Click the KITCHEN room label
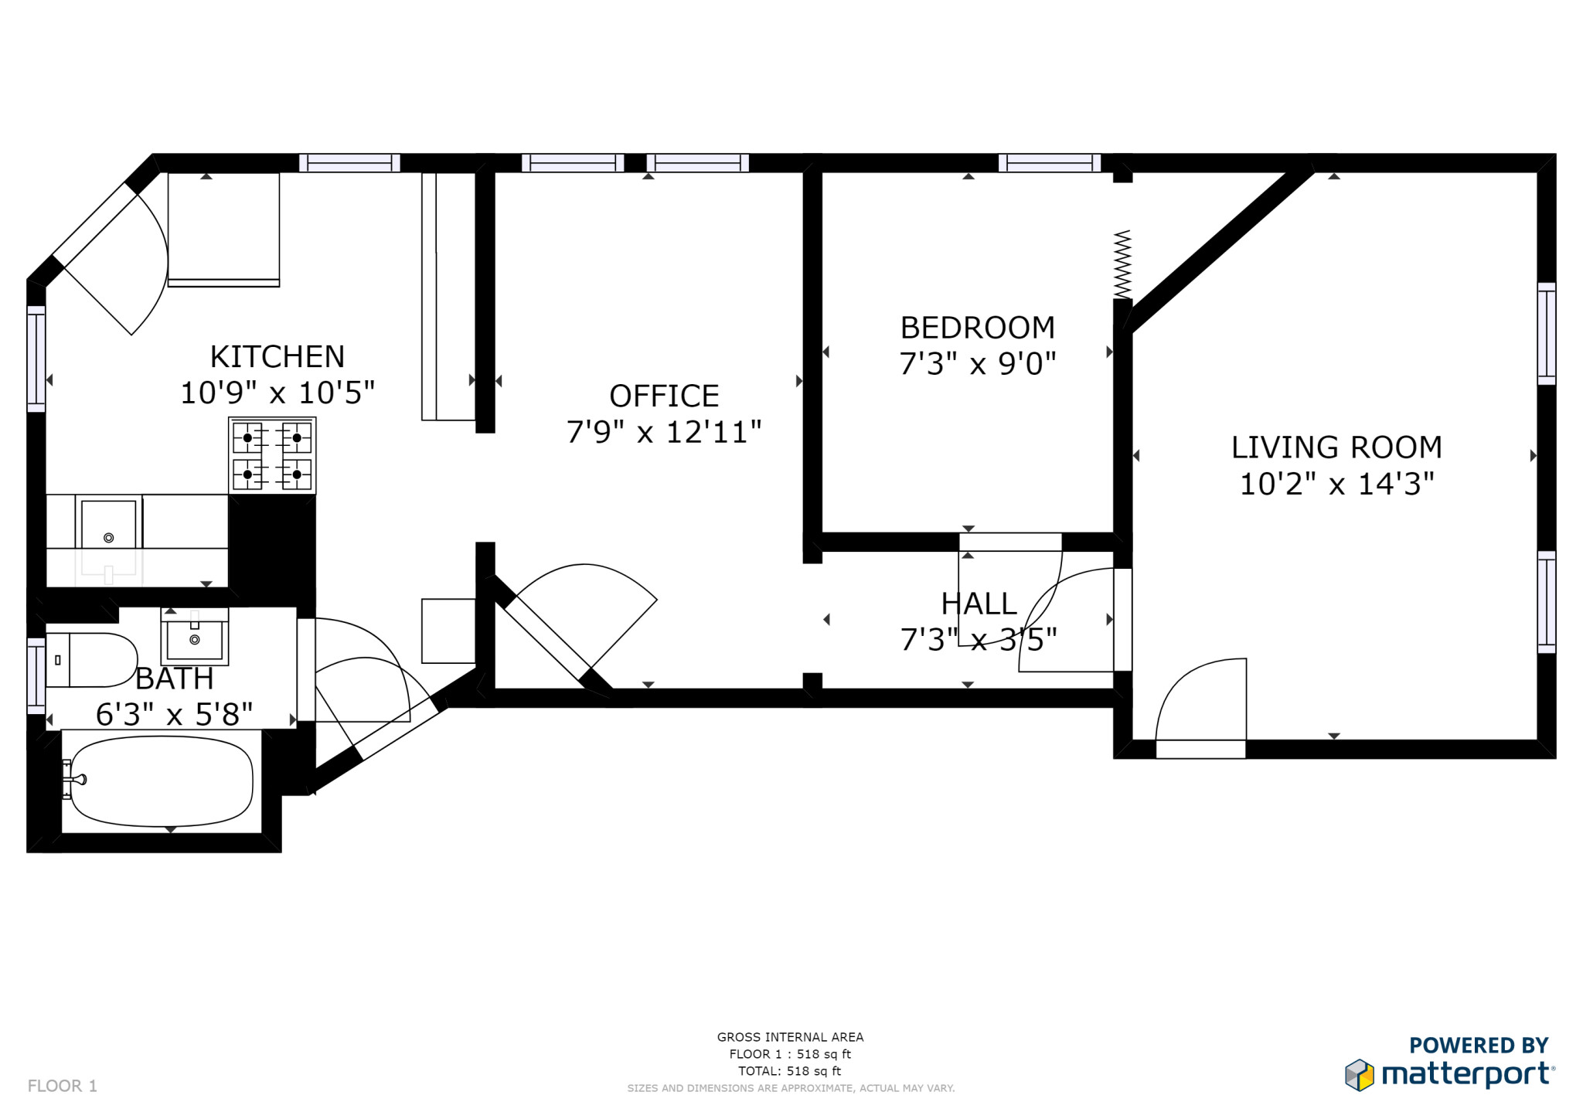(277, 357)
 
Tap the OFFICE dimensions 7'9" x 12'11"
(663, 432)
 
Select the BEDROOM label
(977, 328)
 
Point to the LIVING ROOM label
(1336, 447)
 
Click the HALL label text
(978, 604)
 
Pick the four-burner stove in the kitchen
(272, 455)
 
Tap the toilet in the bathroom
(91, 660)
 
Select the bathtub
(162, 781)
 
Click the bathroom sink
(195, 638)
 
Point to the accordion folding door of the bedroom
(1122, 264)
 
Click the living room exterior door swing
(1202, 699)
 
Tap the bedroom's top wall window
(1049, 162)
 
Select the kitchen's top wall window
(349, 162)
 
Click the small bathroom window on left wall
(36, 675)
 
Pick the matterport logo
(1450, 1066)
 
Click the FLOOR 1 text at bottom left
(63, 1086)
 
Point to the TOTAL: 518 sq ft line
(789, 1071)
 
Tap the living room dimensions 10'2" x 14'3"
(1336, 485)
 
